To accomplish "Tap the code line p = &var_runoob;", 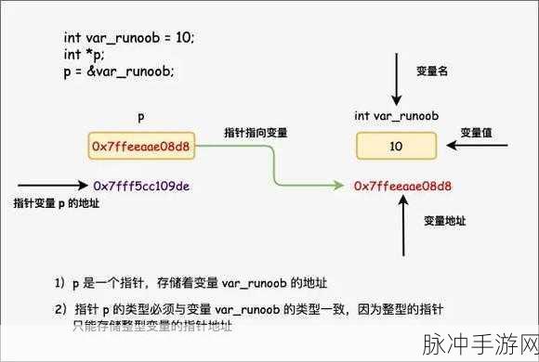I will [x=118, y=71].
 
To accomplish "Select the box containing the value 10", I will [x=396, y=146].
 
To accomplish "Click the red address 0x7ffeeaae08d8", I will [x=402, y=186].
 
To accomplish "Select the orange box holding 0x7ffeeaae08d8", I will [x=141, y=147].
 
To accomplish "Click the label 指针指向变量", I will [x=256, y=133].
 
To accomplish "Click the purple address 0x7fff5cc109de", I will [x=141, y=186].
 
